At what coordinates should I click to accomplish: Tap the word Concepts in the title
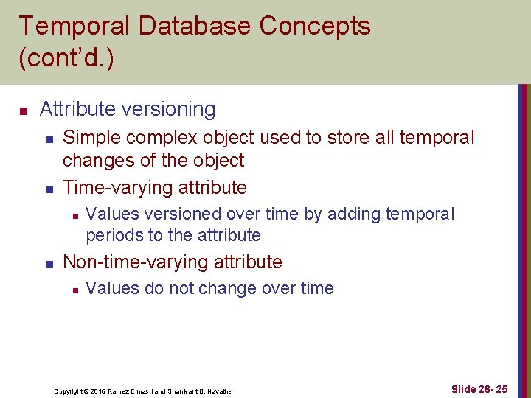315,27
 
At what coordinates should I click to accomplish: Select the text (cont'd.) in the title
66,58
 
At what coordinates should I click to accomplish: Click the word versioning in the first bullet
170,109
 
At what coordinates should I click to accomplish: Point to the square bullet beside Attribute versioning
23,111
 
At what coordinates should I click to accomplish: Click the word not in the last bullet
180,288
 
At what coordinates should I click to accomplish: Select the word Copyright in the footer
69,391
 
